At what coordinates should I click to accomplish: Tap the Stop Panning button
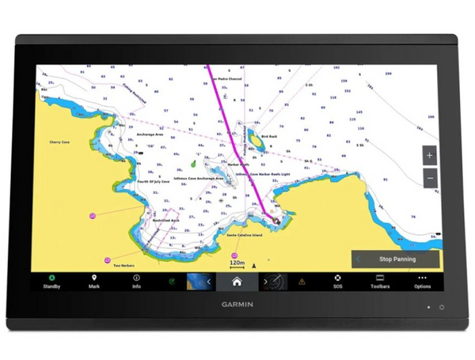[397, 259]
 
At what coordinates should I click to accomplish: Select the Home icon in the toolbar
[236, 281]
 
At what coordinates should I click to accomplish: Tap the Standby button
[51, 282]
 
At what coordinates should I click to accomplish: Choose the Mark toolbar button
[94, 282]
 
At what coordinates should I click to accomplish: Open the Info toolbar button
[136, 282]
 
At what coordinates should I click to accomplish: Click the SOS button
[337, 282]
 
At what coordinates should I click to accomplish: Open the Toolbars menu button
[380, 282]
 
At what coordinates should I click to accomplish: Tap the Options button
[423, 282]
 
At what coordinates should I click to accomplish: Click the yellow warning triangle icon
[302, 282]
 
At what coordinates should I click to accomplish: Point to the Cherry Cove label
[60, 142]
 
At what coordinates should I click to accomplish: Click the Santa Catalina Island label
[245, 236]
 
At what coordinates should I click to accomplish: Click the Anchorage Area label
[150, 135]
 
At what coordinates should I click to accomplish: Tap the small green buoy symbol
[193, 164]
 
